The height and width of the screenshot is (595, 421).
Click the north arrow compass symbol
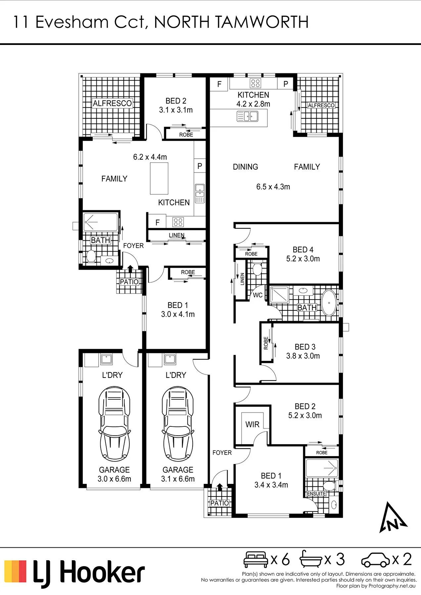392,518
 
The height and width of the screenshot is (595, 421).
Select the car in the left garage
114,424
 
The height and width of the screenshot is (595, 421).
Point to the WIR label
252,424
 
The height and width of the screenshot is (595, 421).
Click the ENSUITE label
316,494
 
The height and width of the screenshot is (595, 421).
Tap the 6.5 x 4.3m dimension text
273,187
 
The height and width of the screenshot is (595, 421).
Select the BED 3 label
305,347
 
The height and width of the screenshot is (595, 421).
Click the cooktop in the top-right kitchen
255,83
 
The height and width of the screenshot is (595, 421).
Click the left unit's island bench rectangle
159,178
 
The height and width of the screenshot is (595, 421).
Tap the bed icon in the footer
256,560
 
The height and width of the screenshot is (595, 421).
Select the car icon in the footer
376,560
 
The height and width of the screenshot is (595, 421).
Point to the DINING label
245,167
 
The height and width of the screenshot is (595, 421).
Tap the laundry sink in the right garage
170,359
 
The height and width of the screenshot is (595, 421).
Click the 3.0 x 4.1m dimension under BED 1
178,314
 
